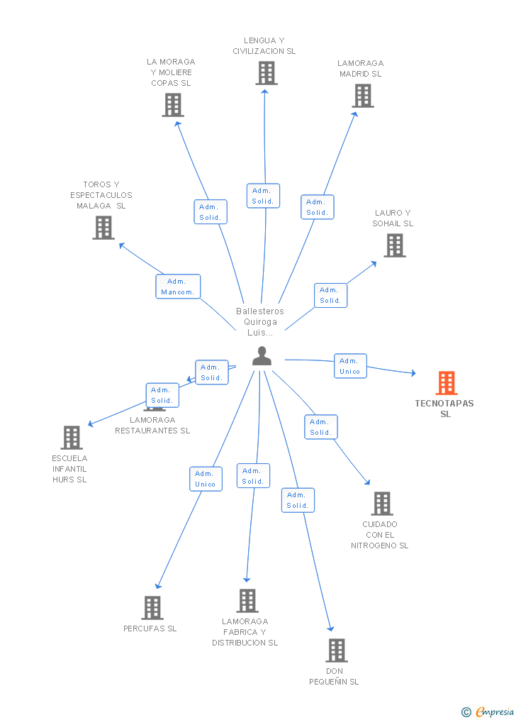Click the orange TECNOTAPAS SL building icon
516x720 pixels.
click(446, 383)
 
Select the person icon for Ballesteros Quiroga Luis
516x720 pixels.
click(262, 356)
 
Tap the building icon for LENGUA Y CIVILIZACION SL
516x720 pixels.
click(266, 73)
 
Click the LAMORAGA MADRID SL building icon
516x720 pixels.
click(362, 96)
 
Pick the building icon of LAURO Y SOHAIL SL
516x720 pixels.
click(394, 245)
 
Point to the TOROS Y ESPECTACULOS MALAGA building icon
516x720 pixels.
click(103, 228)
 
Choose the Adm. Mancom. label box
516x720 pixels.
click(178, 287)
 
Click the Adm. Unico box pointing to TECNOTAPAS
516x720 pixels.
click(350, 366)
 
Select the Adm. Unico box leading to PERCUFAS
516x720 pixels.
click(206, 479)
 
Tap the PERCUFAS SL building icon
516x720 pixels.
click(152, 608)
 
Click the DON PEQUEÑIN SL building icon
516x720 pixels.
click(336, 650)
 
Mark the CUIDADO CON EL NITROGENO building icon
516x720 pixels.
click(381, 504)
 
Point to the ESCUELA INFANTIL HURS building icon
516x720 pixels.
click(71, 438)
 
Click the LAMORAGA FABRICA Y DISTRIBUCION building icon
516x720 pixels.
click(247, 601)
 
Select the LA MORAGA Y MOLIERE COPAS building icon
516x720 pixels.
click(172, 105)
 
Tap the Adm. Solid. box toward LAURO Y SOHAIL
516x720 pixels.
click(330, 295)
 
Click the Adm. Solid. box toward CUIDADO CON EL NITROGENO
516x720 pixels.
click(320, 427)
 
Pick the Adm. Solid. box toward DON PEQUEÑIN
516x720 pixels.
click(298, 500)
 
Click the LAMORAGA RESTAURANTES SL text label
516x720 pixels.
click(152, 426)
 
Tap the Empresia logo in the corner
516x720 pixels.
click(488, 711)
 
